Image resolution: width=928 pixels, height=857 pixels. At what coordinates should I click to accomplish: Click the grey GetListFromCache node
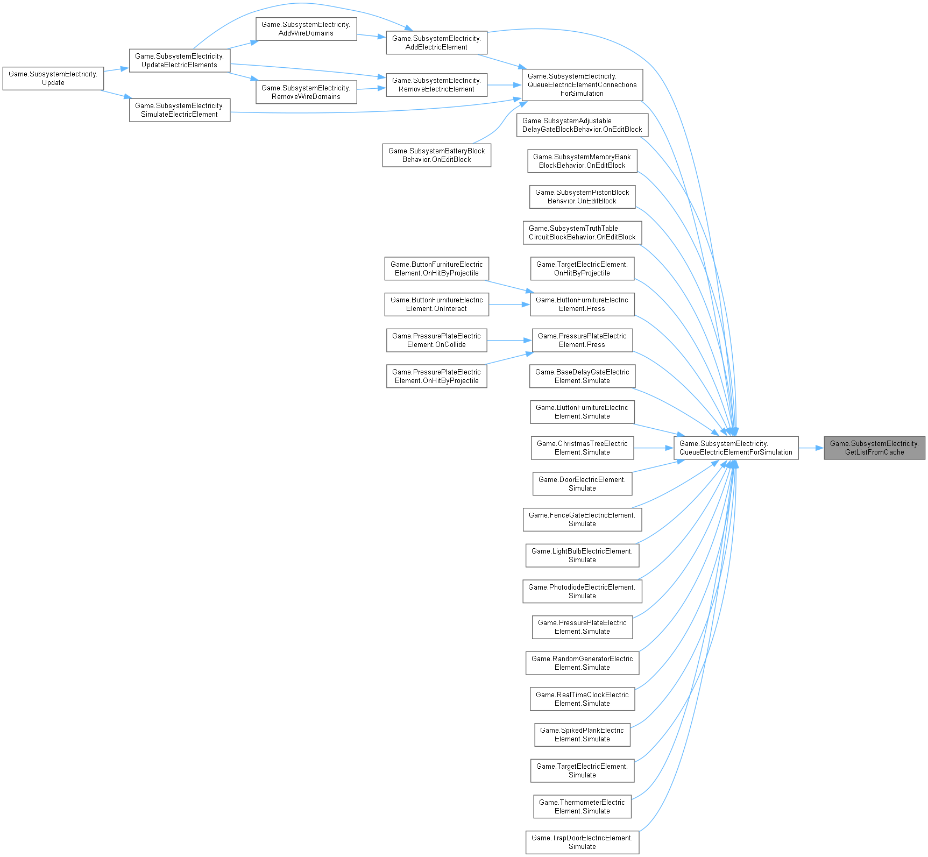874,448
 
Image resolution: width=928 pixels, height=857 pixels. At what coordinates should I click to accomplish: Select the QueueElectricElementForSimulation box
735,448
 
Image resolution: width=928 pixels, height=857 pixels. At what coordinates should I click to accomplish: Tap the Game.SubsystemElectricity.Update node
53,78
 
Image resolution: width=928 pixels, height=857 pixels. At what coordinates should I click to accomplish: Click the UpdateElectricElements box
179,60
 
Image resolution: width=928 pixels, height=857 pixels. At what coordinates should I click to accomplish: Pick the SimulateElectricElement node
179,110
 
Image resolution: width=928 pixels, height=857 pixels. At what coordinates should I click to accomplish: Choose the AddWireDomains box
306,29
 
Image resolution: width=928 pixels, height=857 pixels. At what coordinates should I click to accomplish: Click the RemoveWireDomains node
306,92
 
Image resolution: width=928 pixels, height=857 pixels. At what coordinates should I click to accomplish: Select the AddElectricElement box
436,43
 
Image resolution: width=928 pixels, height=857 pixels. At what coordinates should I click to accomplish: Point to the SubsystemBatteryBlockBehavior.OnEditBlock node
436,155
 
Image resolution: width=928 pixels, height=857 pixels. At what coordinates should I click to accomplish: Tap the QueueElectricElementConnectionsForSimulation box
582,84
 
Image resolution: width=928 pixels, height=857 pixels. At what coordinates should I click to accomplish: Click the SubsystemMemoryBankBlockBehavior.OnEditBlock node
582,161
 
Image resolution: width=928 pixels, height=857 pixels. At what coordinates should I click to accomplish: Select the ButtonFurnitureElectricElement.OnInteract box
436,304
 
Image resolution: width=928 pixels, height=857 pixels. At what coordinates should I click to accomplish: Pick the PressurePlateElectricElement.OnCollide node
436,340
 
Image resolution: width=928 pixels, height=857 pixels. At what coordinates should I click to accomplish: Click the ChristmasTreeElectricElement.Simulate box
582,448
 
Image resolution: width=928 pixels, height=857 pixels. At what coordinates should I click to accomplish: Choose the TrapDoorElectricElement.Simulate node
582,842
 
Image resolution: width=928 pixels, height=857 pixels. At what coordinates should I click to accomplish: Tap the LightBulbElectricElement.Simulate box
582,555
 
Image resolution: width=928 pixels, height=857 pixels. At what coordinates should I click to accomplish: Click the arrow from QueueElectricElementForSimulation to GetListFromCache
811,448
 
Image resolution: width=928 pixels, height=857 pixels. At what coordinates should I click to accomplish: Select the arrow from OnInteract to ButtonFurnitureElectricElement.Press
509,304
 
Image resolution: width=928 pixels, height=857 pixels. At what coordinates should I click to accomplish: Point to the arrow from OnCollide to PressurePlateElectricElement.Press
509,340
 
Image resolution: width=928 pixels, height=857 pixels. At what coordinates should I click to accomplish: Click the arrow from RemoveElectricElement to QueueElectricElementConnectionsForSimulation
504,85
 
